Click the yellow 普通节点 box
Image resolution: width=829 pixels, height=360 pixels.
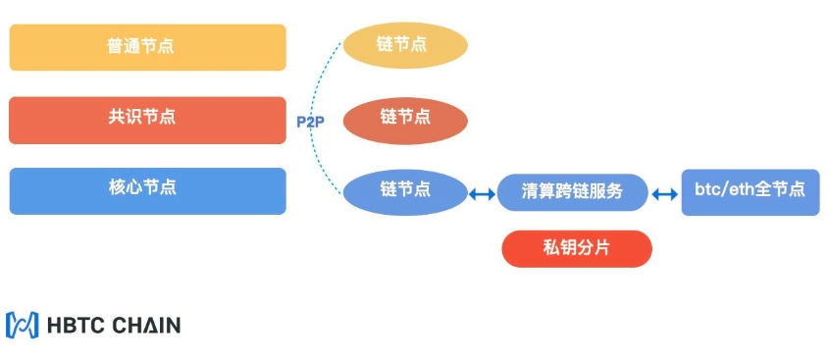(147, 47)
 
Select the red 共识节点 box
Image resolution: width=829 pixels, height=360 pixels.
(147, 120)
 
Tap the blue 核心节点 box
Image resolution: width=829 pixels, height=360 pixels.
(147, 190)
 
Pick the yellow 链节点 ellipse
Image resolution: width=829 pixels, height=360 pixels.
(404, 45)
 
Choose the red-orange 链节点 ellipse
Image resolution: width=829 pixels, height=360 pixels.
(404, 119)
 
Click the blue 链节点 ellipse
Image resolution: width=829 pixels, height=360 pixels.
(404, 190)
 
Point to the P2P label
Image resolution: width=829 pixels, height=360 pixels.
(310, 122)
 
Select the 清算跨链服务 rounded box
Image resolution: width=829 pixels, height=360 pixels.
(573, 192)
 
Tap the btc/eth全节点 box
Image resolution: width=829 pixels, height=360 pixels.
(750, 191)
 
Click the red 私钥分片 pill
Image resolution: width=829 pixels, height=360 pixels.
(576, 248)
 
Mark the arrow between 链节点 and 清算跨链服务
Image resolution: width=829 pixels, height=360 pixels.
(481, 194)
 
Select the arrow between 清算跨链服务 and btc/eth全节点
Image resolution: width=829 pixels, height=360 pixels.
(665, 194)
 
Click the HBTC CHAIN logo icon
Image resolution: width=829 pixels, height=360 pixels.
(22, 325)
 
